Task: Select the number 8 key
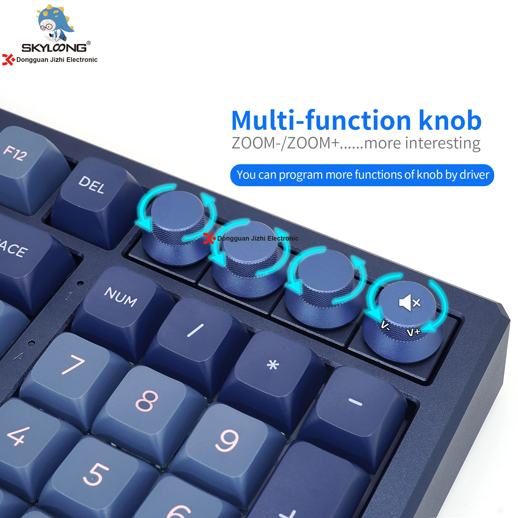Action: coord(146,402)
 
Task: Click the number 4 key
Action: coord(19,437)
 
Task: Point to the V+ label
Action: coord(413,333)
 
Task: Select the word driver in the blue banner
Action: coord(474,175)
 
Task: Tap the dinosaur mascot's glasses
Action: coord(46,27)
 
